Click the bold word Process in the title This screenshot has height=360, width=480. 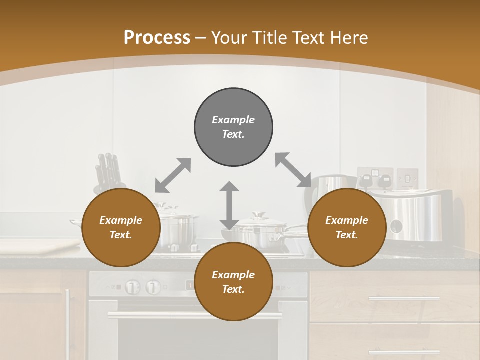coord(157,38)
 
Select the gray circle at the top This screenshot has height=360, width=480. coord(233,127)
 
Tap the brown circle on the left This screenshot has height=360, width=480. coord(121,227)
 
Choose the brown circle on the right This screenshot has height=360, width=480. coord(347,227)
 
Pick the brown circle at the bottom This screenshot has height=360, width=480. coord(233,282)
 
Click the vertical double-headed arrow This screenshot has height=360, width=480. coord(229,205)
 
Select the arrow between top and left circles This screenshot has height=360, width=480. coord(173,175)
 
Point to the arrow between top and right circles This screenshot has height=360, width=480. coord(293,170)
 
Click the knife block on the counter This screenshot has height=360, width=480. coord(108,172)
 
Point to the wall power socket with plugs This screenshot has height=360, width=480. coord(375,178)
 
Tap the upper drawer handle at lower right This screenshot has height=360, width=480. coord(404,299)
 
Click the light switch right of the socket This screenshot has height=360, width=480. coord(407,177)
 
